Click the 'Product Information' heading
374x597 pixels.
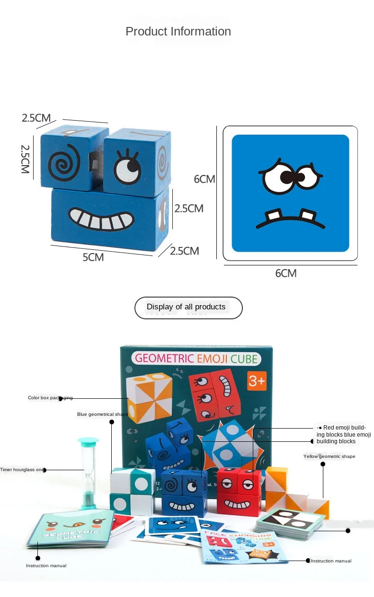pyautogui.click(x=178, y=32)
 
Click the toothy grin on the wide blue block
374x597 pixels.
pyautogui.click(x=101, y=219)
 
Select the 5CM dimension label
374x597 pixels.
pyautogui.click(x=93, y=257)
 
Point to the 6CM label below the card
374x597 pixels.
pyautogui.click(x=286, y=273)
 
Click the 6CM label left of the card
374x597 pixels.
pyautogui.click(x=204, y=179)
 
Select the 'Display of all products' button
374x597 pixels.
pyautogui.click(x=188, y=307)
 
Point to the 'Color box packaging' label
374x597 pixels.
pyautogui.click(x=50, y=398)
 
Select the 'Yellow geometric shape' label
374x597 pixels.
pyautogui.click(x=329, y=457)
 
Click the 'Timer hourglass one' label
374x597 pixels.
pyautogui.click(x=22, y=470)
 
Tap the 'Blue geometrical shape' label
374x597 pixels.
pyautogui.click(x=102, y=414)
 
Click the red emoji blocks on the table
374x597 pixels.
pyautogui.click(x=239, y=492)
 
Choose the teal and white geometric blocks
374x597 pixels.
pyautogui.click(x=133, y=492)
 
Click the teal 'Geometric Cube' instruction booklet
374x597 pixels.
pyautogui.click(x=71, y=529)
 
